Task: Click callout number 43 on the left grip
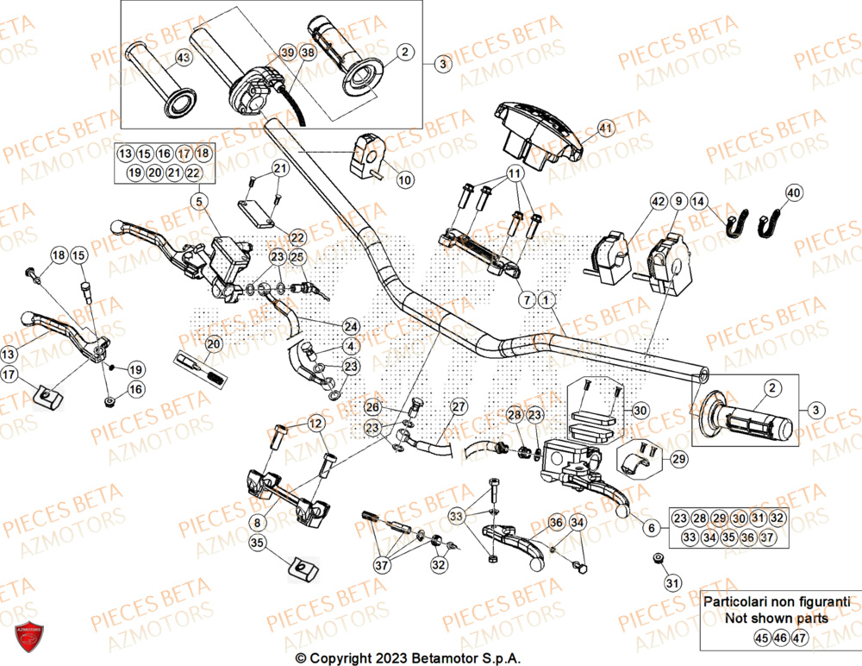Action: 183,58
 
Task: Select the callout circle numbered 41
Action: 605,129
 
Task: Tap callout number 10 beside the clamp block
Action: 404,180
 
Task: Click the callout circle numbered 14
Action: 698,202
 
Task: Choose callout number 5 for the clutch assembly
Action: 200,203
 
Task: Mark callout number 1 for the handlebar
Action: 545,299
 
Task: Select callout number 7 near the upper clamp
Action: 525,299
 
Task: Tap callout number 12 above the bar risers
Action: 315,424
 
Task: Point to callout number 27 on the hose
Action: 459,406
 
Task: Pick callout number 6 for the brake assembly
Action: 650,526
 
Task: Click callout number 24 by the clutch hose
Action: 350,326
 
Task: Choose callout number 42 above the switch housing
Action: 659,202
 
